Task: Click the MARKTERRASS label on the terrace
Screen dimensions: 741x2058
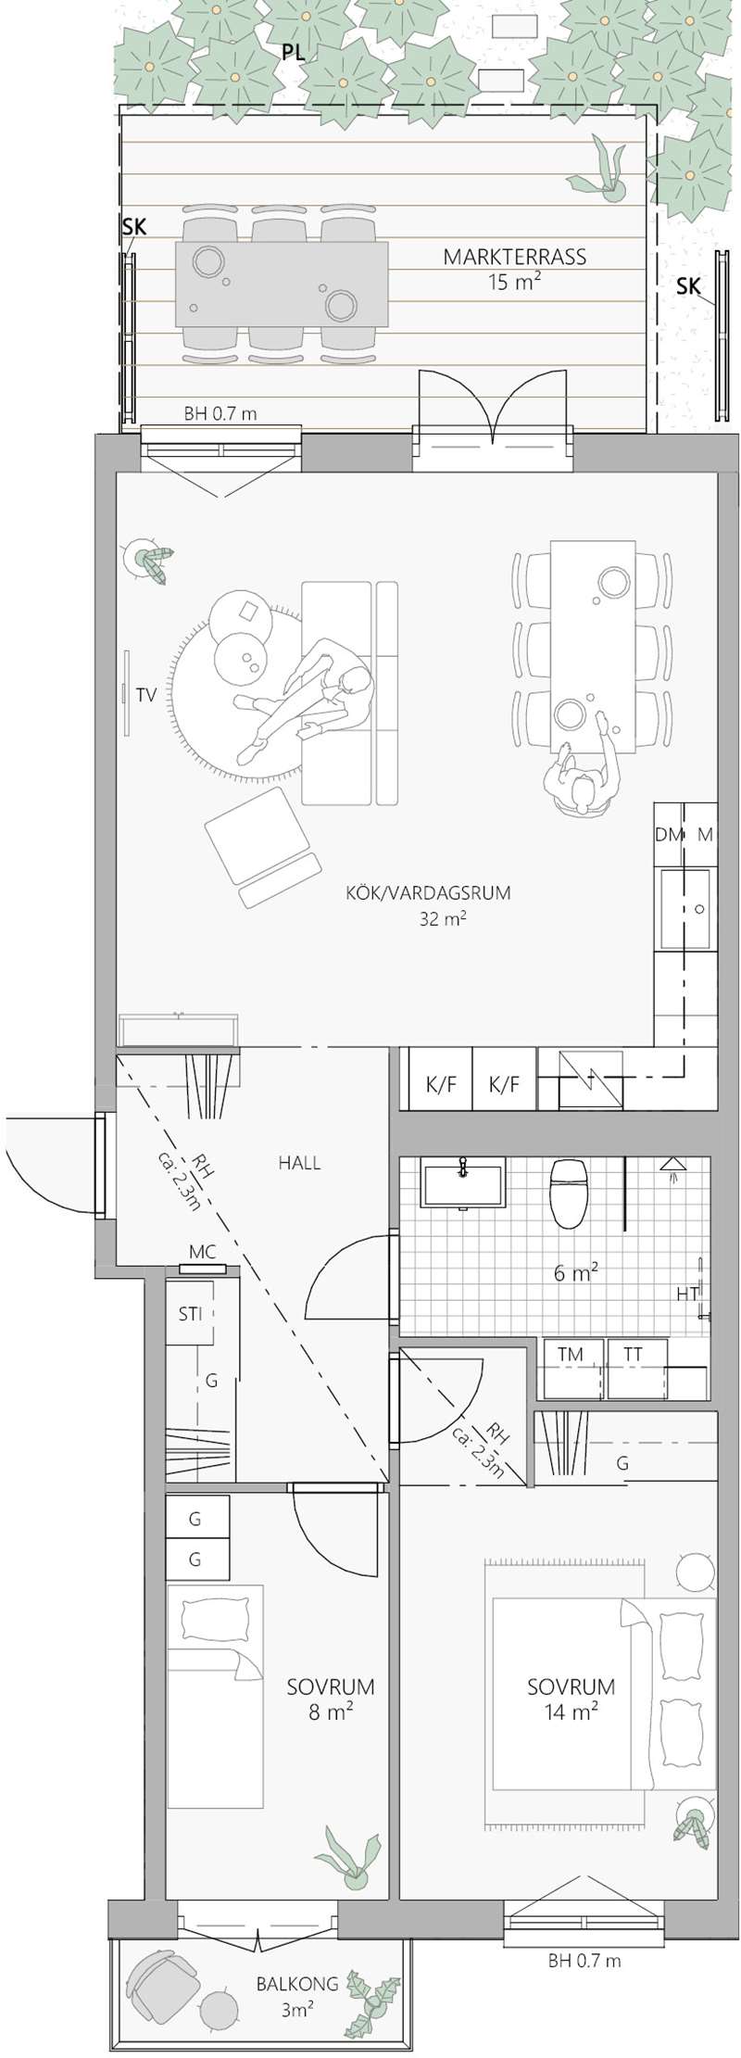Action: (515, 257)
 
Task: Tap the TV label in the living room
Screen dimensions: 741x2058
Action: (145, 694)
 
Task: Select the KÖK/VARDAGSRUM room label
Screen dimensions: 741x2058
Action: (428, 893)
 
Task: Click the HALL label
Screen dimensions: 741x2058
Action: (299, 1162)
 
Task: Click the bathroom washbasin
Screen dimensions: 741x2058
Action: (462, 1183)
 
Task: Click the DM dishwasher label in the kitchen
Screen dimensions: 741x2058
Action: (668, 834)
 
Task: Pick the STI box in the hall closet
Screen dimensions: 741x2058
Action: (190, 1313)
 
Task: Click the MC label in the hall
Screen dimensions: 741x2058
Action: (202, 1252)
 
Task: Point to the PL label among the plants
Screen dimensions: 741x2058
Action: (294, 54)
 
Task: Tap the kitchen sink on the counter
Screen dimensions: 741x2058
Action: (685, 908)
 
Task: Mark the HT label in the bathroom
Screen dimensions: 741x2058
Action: (686, 1294)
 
